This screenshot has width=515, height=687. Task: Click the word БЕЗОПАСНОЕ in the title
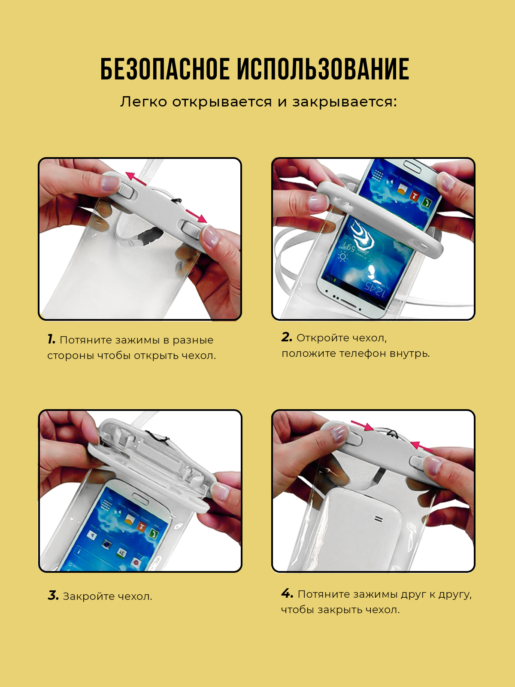click(x=165, y=69)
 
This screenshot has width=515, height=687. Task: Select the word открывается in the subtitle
click(x=222, y=102)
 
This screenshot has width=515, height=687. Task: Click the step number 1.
click(x=51, y=339)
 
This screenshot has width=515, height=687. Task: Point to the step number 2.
click(x=287, y=337)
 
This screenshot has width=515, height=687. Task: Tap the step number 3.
click(x=53, y=596)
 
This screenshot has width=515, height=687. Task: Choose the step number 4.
click(x=287, y=593)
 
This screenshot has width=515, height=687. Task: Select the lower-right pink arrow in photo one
click(x=197, y=216)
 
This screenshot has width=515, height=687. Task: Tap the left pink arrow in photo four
click(x=362, y=426)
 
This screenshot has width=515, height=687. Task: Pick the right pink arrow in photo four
click(x=422, y=446)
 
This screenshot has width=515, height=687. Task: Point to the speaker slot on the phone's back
click(x=379, y=520)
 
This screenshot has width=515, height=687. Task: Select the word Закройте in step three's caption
click(x=85, y=596)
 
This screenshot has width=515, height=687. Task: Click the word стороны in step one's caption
click(x=70, y=356)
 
